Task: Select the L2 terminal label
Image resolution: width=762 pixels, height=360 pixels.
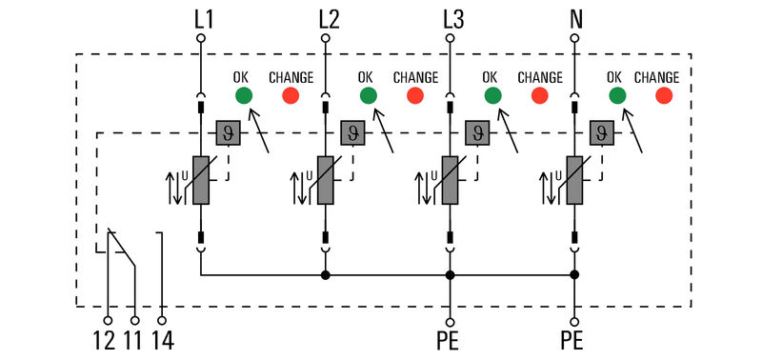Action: [x=329, y=18]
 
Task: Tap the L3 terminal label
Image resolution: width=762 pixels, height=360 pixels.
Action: [x=454, y=18]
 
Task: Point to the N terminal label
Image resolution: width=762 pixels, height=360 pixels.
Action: [x=576, y=18]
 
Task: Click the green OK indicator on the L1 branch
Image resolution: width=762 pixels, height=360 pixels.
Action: [x=243, y=95]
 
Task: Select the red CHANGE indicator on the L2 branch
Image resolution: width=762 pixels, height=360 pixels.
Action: [x=415, y=95]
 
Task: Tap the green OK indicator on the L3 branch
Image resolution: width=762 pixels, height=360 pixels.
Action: [x=492, y=95]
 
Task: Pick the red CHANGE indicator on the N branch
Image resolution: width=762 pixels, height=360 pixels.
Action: [x=665, y=95]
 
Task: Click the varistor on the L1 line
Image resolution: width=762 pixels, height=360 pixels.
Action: [x=201, y=180]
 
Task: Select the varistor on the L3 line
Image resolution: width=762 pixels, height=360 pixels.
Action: [x=451, y=180]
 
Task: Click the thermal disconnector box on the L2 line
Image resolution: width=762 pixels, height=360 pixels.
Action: [x=352, y=132]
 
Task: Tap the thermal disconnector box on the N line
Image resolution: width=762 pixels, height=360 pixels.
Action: [x=601, y=132]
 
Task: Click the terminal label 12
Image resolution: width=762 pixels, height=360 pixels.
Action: [x=105, y=340]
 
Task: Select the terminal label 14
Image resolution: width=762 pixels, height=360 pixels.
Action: [x=163, y=340]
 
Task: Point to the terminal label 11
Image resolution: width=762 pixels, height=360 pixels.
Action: [x=133, y=340]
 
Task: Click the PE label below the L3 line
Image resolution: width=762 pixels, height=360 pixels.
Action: [x=451, y=340]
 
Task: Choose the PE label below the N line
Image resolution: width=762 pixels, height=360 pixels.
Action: [x=574, y=340]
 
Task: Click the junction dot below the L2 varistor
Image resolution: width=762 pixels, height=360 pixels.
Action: [x=326, y=275]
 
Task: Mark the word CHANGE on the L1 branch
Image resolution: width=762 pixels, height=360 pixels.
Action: [x=290, y=77]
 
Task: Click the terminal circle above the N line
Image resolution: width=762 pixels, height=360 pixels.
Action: [x=574, y=38]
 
